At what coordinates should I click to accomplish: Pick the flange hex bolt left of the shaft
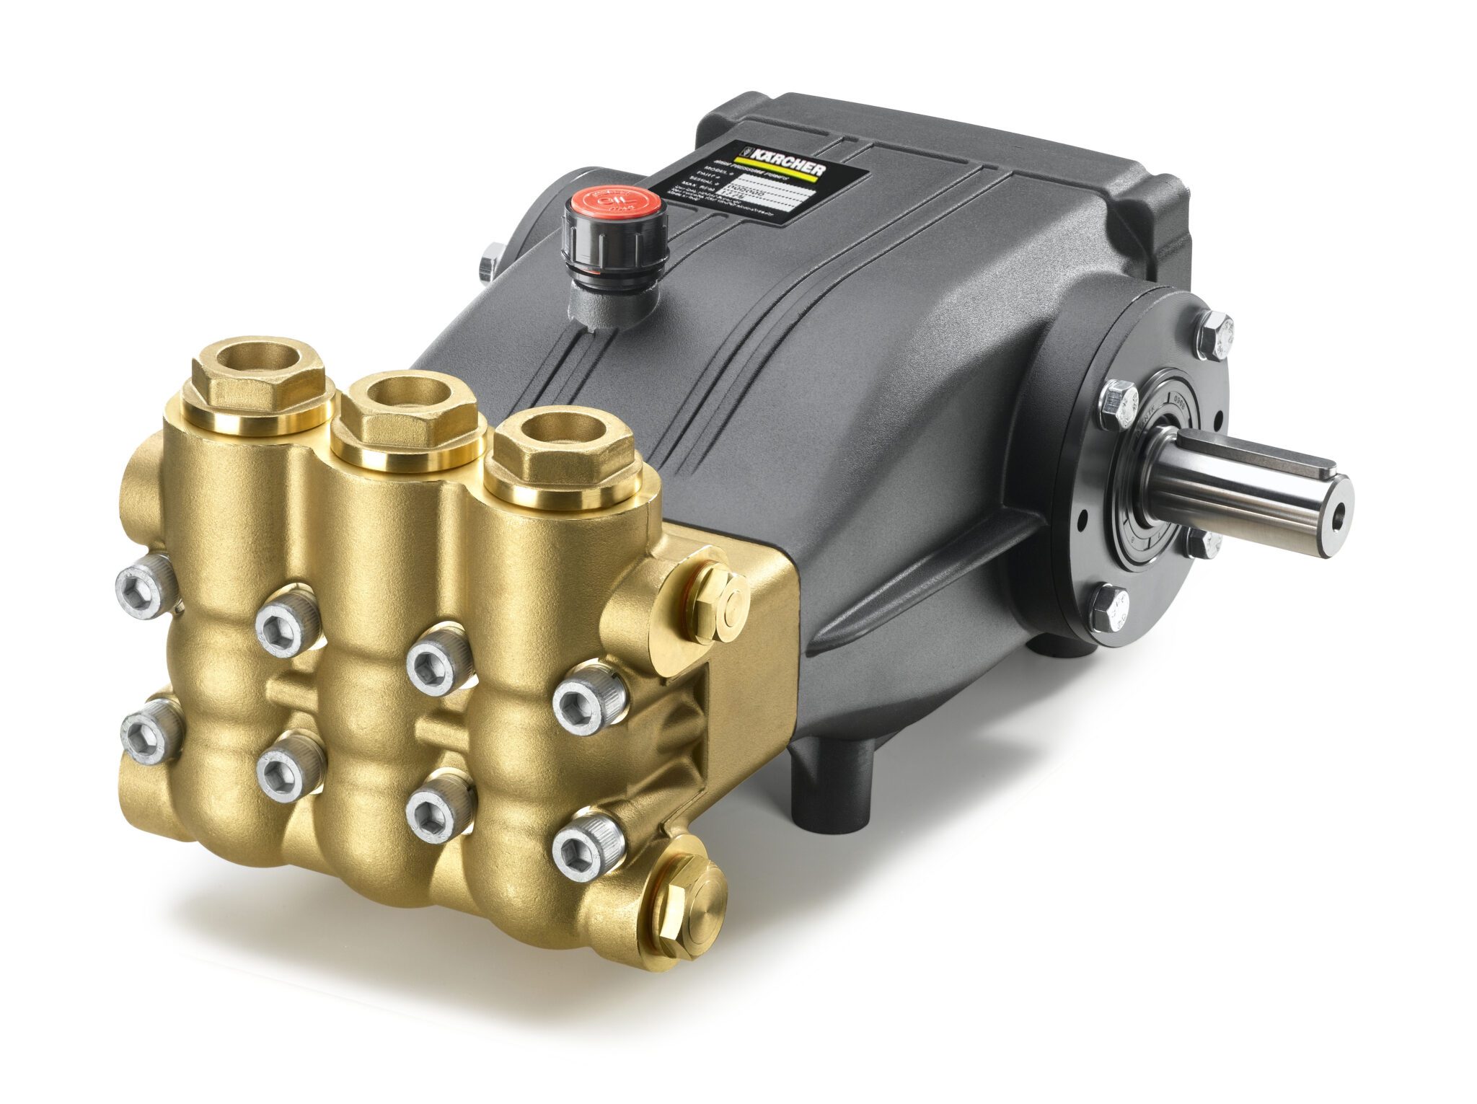[1118, 404]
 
